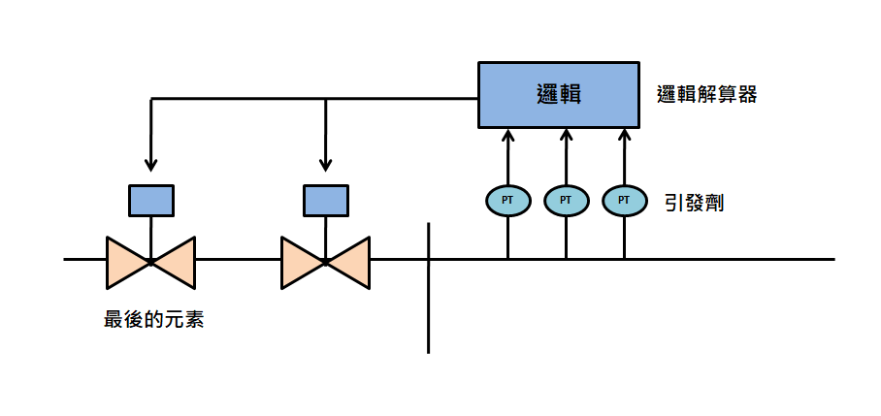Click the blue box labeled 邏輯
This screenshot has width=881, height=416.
tap(559, 95)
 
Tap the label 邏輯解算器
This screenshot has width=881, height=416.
tap(706, 95)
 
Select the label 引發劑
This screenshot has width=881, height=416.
tap(694, 203)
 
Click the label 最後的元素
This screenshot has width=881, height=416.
tap(153, 320)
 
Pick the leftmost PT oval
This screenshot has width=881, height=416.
tap(507, 200)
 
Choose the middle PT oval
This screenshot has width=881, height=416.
tap(567, 200)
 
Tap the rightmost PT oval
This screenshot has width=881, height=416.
tap(624, 200)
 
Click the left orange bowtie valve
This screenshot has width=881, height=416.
tap(150, 262)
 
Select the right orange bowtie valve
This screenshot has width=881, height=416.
tap(325, 262)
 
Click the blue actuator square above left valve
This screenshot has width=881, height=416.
tap(151, 201)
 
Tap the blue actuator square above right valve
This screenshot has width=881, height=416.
tap(326, 201)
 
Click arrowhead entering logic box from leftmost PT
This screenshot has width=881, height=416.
tap(507, 136)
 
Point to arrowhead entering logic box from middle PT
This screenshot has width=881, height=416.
tap(567, 136)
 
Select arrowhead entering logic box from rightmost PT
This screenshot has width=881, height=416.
tap(624, 136)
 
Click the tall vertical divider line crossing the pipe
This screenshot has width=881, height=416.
tap(428, 288)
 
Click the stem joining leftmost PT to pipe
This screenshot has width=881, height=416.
tap(507, 237)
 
